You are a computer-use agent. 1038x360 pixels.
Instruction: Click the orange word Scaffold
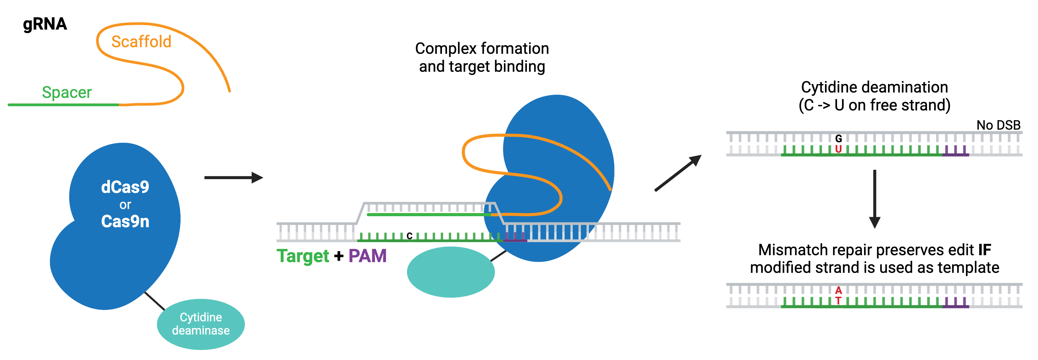141,42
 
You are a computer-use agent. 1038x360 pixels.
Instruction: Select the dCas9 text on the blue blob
125,187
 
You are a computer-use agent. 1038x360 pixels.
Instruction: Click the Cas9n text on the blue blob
125,221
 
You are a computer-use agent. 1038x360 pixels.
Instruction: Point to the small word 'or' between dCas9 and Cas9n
125,205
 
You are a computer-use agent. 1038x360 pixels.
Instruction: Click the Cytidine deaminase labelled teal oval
201,324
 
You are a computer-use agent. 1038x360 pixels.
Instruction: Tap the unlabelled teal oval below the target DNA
450,272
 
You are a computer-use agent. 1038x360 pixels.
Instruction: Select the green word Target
303,256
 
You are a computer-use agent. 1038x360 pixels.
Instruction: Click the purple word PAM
367,256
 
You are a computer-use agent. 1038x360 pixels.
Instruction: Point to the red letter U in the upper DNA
838,149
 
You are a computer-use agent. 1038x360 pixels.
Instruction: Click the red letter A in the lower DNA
838,290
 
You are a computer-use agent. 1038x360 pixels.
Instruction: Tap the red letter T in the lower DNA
838,300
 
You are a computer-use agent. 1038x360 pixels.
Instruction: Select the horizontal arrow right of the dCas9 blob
234,177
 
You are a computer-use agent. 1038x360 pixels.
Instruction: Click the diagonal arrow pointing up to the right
678,173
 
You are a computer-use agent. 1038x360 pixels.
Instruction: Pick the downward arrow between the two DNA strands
874,199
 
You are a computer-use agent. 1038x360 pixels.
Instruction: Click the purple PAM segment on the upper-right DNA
955,152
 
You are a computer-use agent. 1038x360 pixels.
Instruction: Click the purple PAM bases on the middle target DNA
515,238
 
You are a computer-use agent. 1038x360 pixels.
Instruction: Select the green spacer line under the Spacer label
63,105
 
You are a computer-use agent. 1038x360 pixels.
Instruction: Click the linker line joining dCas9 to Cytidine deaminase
154,301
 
